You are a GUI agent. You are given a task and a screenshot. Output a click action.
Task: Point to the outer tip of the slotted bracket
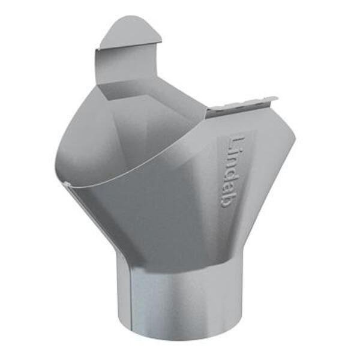click(x=274, y=98)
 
